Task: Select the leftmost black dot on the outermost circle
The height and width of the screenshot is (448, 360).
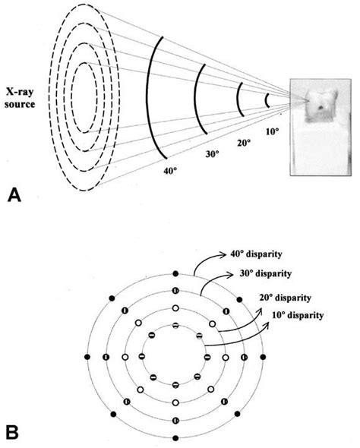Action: point(88,356)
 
